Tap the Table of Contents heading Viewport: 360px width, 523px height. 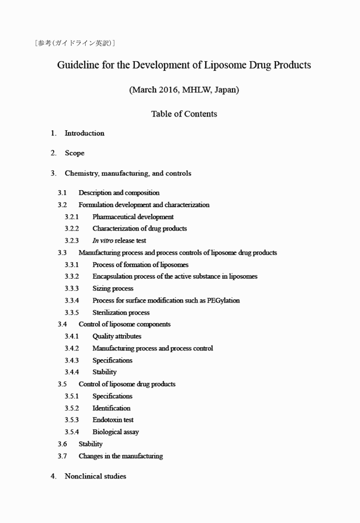click(x=184, y=114)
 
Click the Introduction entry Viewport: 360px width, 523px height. click(x=85, y=134)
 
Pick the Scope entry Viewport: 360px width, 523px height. click(x=74, y=153)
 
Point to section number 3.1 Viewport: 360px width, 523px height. click(x=62, y=193)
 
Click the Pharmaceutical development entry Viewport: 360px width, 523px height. click(x=133, y=217)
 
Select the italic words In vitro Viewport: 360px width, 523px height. click(x=102, y=241)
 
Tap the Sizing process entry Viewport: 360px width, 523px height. click(x=113, y=289)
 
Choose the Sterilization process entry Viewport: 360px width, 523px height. click(x=121, y=313)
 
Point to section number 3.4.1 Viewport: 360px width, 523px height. click(x=71, y=337)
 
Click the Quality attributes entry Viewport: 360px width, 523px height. click(x=117, y=337)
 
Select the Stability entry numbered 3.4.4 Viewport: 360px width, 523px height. click(x=105, y=372)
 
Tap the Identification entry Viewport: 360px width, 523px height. click(x=111, y=408)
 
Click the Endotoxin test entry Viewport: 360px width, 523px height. click(x=113, y=420)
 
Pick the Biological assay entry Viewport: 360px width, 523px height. click(x=115, y=432)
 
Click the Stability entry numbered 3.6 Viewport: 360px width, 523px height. click(x=91, y=444)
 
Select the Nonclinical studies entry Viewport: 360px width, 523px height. click(x=95, y=476)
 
